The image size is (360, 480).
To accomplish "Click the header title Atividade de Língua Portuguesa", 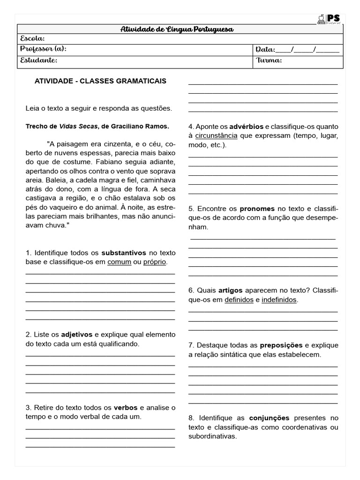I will coord(177,30).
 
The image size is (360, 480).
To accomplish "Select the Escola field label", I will coord(32,39).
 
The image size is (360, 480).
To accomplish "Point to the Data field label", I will coord(265,50).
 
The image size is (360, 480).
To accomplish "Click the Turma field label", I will coord(269,60).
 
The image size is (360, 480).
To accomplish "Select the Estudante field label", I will coord(38,60).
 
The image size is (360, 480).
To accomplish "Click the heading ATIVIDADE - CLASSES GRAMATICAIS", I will coord(100,81).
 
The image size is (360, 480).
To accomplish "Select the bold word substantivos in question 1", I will coord(124,253).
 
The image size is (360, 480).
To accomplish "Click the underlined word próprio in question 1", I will coord(155,262).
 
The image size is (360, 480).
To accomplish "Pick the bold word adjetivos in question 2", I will coord(77,335).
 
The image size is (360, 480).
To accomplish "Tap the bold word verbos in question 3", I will coord(126,407).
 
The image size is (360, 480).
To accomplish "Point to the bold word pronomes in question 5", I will coord(257,209).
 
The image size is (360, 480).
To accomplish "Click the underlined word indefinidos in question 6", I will coord(279,300).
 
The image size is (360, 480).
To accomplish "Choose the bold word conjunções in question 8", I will coord(269,418).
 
